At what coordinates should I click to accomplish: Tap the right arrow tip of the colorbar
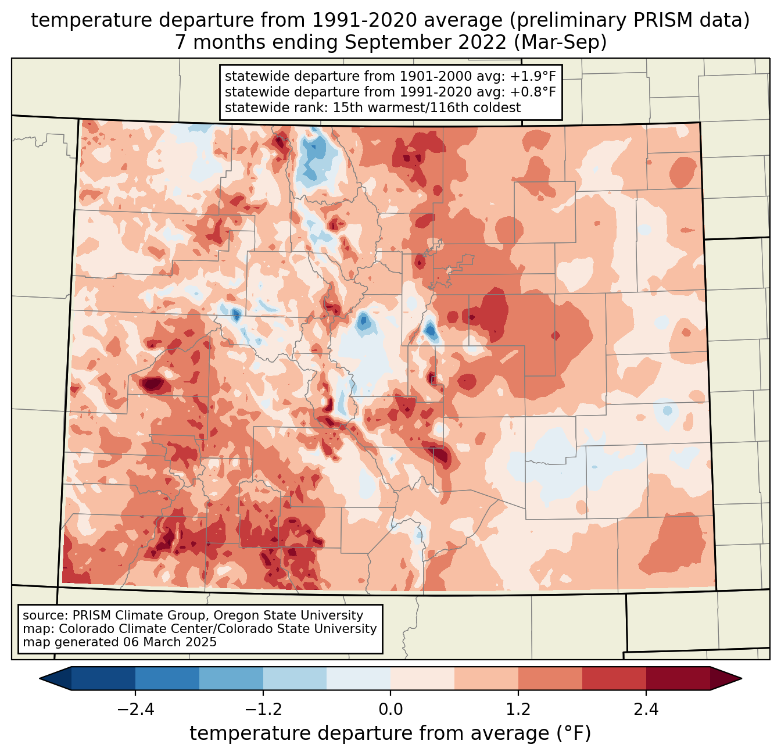pyautogui.click(x=740, y=678)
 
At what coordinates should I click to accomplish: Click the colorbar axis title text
pyautogui.click(x=390, y=733)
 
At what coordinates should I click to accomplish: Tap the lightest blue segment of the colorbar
pyautogui.click(x=359, y=678)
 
